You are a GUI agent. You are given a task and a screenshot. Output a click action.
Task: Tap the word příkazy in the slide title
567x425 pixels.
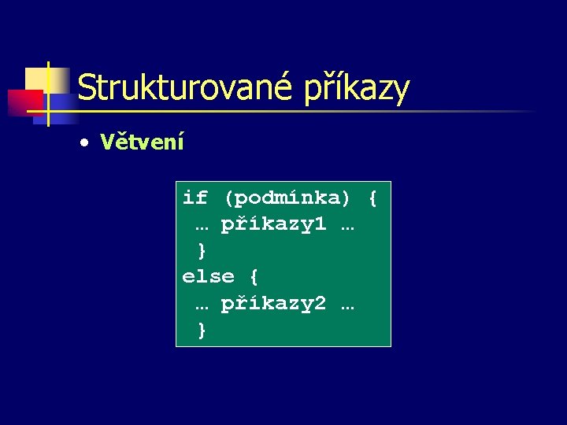[357, 89]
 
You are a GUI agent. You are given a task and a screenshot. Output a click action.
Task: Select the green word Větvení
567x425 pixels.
[142, 142]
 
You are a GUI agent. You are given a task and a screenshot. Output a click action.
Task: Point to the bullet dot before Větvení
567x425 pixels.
[83, 143]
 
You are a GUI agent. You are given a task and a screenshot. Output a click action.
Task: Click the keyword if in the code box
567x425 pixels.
[195, 197]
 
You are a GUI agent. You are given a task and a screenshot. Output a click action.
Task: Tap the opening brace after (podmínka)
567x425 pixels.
[372, 198]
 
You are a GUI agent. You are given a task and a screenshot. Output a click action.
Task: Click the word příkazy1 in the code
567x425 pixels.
[272, 224]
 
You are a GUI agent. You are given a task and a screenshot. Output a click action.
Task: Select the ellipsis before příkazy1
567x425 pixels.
[202, 227]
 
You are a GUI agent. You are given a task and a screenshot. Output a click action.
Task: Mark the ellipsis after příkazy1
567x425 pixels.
[347, 227]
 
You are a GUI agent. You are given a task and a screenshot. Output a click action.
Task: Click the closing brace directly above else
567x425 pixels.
[202, 250]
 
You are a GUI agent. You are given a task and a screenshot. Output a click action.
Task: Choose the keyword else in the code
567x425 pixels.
[209, 277]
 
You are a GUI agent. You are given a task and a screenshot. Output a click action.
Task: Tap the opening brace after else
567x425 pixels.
[254, 277]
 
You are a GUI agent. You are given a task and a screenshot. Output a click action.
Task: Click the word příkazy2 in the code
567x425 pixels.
[272, 304]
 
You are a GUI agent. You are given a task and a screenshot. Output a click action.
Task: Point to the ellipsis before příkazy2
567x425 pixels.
[202, 306]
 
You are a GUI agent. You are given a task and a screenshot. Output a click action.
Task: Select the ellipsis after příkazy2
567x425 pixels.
[347, 306]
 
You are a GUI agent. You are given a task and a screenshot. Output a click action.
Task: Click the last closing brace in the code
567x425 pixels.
[202, 331]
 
